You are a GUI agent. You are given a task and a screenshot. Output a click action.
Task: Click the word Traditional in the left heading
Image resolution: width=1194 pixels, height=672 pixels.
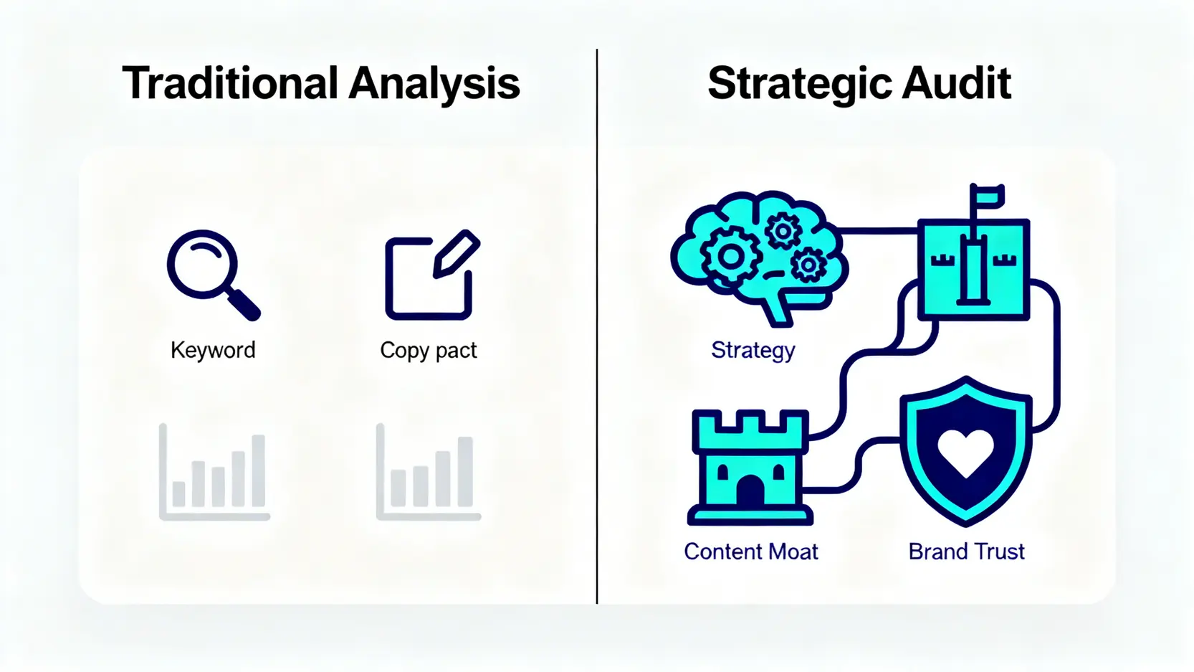[230, 83]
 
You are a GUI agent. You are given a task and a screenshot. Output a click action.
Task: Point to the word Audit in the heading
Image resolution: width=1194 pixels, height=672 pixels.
[957, 83]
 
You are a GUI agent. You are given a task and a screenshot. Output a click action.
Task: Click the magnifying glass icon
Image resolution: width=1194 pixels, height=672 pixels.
[214, 275]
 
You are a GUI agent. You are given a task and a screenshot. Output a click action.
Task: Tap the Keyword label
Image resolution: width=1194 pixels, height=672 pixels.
[213, 350]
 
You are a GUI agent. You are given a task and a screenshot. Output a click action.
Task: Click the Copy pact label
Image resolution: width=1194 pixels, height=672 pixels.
[429, 351]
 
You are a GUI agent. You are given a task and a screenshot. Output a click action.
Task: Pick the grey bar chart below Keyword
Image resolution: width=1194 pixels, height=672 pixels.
[214, 471]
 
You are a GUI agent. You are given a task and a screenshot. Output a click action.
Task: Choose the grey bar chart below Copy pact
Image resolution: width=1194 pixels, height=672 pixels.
[429, 471]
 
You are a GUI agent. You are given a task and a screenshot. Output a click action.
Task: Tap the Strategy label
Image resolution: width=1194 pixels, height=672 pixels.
[753, 351]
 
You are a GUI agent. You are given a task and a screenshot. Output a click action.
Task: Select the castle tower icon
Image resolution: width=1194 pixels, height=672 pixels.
[750, 468]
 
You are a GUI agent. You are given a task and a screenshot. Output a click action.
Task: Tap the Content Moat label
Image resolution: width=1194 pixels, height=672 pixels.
[751, 552]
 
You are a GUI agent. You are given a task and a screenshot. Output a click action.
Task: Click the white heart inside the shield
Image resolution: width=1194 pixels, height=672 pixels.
[966, 453]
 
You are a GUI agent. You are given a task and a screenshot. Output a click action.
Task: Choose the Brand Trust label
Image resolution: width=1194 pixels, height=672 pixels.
[967, 552]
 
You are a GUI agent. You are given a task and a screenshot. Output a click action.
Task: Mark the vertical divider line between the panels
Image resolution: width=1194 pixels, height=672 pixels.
[597, 326]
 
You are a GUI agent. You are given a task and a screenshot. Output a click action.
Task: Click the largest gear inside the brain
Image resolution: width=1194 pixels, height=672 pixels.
[730, 256]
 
